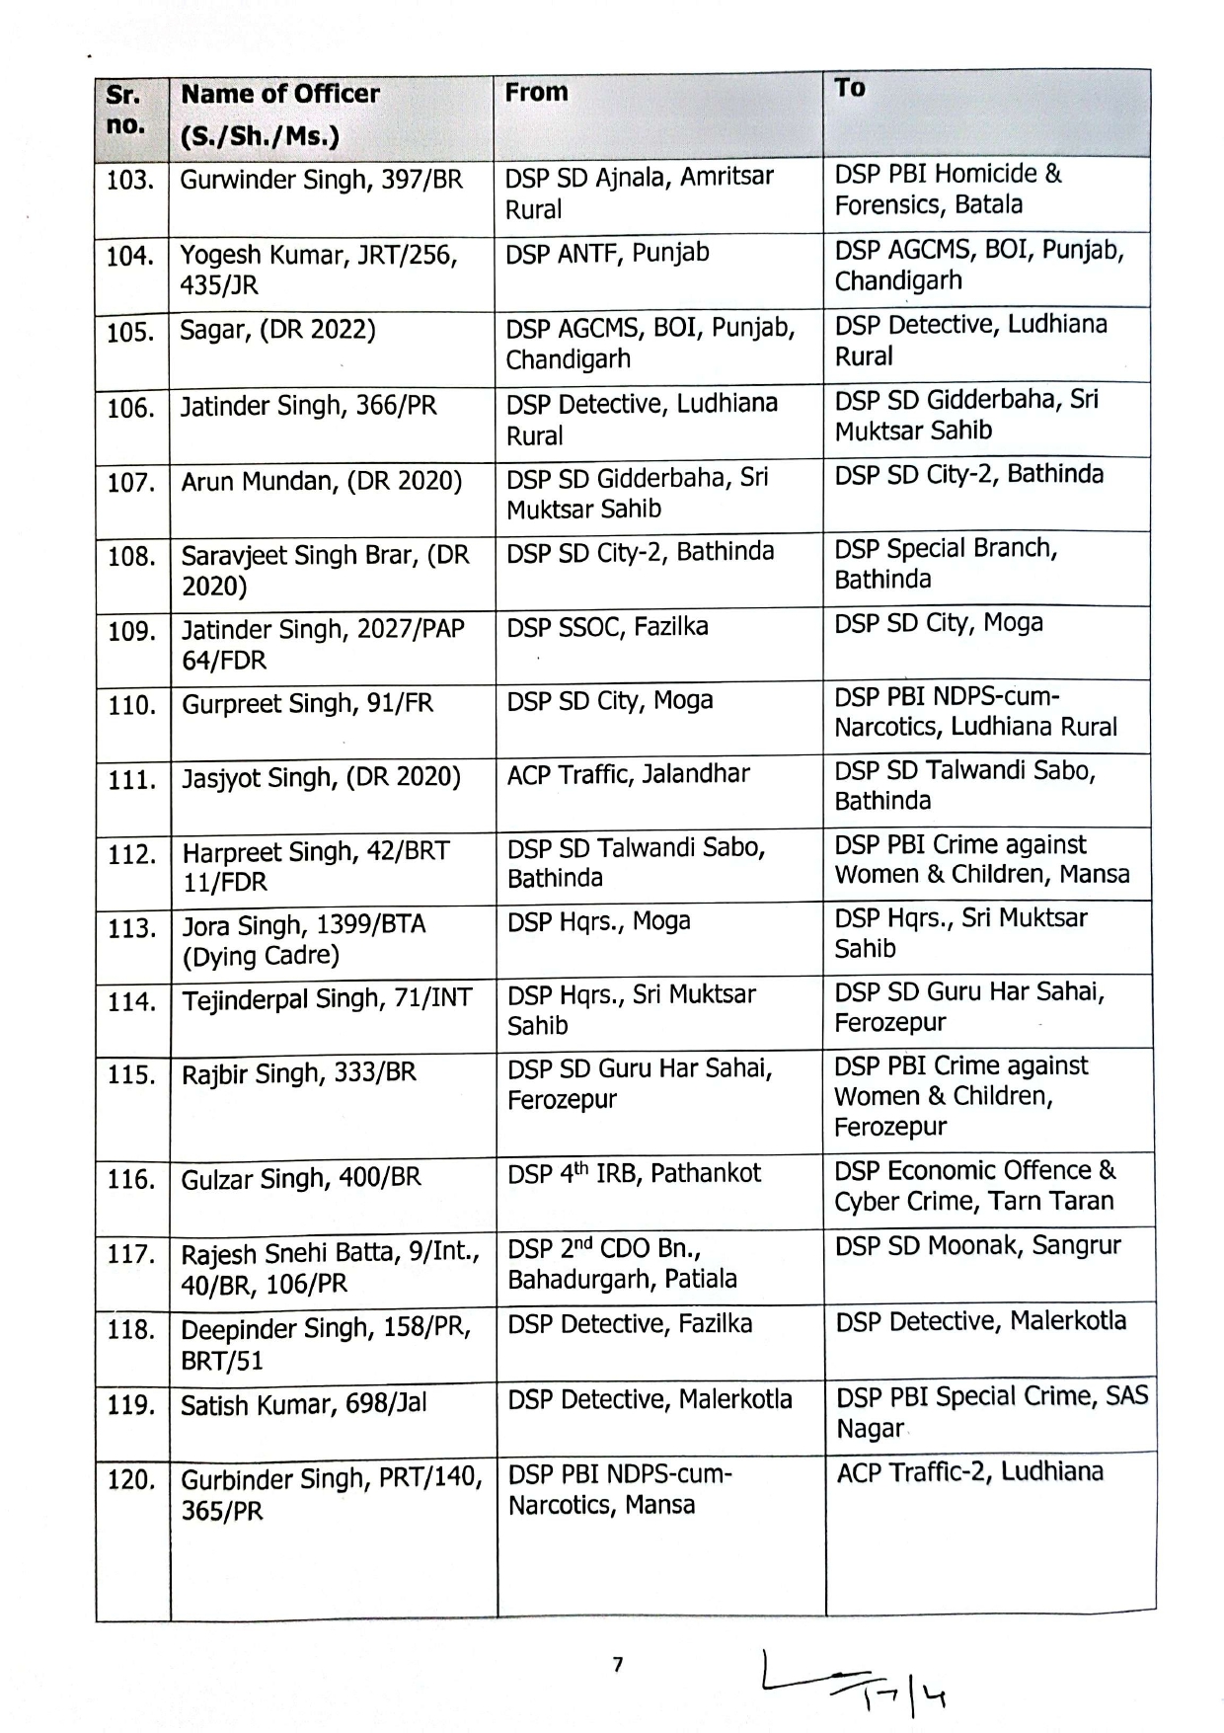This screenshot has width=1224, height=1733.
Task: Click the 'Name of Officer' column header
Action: point(280,94)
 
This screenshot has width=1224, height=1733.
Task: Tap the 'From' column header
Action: point(536,92)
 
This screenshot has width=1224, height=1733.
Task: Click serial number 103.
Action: point(130,181)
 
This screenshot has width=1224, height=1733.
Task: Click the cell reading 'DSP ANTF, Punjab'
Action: point(607,253)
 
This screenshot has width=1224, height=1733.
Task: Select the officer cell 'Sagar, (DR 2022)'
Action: point(277,330)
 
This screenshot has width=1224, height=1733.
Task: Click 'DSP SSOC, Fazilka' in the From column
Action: point(607,626)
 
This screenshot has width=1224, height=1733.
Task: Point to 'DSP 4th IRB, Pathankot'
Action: point(634,1174)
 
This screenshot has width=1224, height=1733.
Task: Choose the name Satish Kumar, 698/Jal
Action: point(303,1404)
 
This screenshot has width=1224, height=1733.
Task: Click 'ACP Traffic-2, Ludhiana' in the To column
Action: point(969,1472)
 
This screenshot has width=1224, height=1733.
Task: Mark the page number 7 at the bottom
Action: point(618,1665)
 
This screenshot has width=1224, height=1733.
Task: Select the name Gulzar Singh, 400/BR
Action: point(300,1178)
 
